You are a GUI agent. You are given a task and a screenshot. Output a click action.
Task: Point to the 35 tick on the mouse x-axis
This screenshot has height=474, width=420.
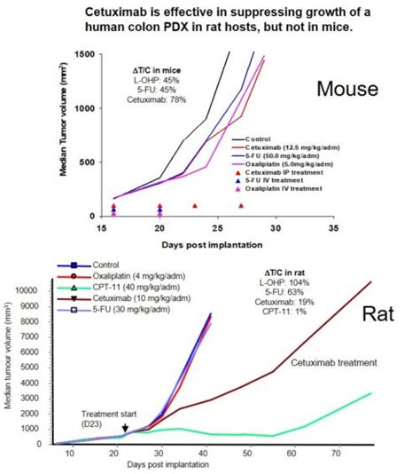331,227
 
